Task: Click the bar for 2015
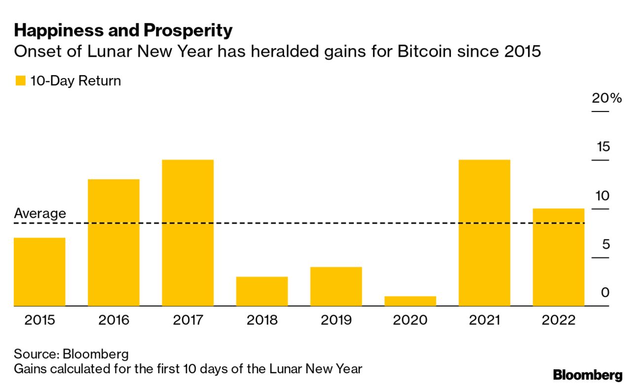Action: coord(39,272)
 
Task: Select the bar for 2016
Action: coord(113,242)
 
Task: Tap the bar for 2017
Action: coord(187,233)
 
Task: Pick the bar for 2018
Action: coord(262,291)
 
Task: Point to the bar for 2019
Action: coord(336,286)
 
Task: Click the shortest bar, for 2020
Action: coord(410,301)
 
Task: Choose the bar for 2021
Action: coord(484,233)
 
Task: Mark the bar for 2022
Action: coord(559,257)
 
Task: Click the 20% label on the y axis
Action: coord(607,98)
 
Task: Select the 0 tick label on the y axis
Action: coord(605,293)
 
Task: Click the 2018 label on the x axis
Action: coord(262,320)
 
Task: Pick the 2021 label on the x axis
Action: coord(484,320)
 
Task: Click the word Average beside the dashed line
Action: coord(39,214)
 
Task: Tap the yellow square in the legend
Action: coord(20,81)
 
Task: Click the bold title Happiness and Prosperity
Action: coord(123,31)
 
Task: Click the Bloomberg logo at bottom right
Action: coord(588,375)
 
